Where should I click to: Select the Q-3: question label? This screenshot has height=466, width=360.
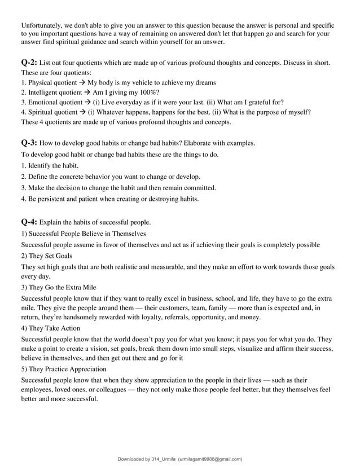point(29,143)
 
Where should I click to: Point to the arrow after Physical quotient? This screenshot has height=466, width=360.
point(81,82)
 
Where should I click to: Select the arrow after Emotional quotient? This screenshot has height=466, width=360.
point(87,102)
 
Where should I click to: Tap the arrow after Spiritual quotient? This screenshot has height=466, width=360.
point(82,112)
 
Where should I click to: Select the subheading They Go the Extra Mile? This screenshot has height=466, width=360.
point(63,287)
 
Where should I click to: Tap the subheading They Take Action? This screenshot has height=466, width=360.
point(54,328)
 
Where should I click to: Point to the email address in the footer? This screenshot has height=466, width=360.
point(210,459)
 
